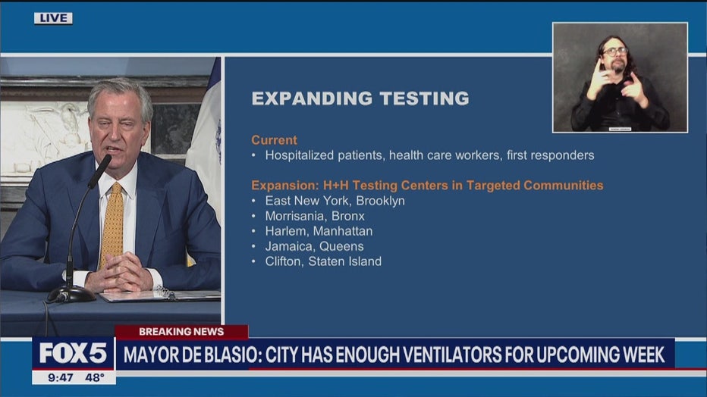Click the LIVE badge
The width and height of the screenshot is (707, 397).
[53, 18]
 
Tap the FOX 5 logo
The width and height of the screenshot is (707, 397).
[73, 353]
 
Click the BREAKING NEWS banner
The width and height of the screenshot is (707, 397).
[181, 332]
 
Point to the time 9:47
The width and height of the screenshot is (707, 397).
[61, 377]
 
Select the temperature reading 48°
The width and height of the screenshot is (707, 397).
[95, 377]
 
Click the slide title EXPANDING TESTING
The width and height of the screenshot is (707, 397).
[360, 98]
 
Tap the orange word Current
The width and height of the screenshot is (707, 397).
[274, 140]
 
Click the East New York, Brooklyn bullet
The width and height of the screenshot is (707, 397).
[335, 201]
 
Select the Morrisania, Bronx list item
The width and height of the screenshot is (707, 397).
[315, 216]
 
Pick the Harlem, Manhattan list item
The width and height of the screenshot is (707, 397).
[319, 231]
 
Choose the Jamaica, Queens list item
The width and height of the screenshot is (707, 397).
[314, 246]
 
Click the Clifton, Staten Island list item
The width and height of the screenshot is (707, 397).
[323, 261]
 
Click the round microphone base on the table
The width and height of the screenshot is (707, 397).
[71, 295]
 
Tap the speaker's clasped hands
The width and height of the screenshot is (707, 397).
[118, 273]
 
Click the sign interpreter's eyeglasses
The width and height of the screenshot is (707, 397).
[614, 52]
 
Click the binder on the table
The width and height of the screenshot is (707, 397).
[160, 295]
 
